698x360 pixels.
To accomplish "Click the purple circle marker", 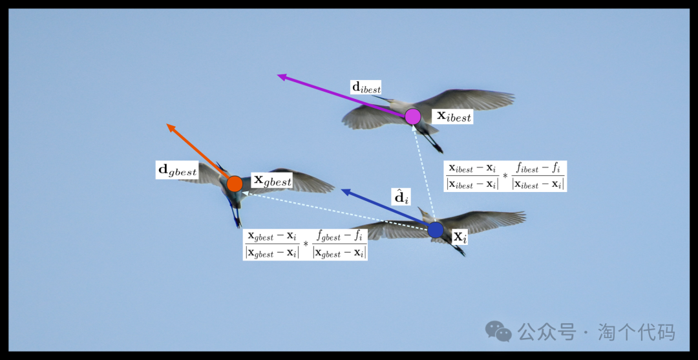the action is [413, 116].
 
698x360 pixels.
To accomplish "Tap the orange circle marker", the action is [235, 184].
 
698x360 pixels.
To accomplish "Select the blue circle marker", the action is [436, 229].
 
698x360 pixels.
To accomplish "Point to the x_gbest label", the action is [272, 180].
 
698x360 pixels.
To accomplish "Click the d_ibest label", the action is [366, 87].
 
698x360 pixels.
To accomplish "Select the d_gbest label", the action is [177, 171].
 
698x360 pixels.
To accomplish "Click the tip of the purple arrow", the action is [279, 76].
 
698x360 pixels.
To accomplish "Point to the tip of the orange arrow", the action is [167, 125].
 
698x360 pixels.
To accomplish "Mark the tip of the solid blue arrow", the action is [342, 190].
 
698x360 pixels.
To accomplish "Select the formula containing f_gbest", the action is [305, 244].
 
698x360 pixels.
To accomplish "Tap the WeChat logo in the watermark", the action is [498, 332].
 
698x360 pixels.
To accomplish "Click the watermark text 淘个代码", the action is [636, 332].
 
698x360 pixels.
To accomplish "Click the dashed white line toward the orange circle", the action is [336, 209].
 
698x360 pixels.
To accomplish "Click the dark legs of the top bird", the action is [428, 136].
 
